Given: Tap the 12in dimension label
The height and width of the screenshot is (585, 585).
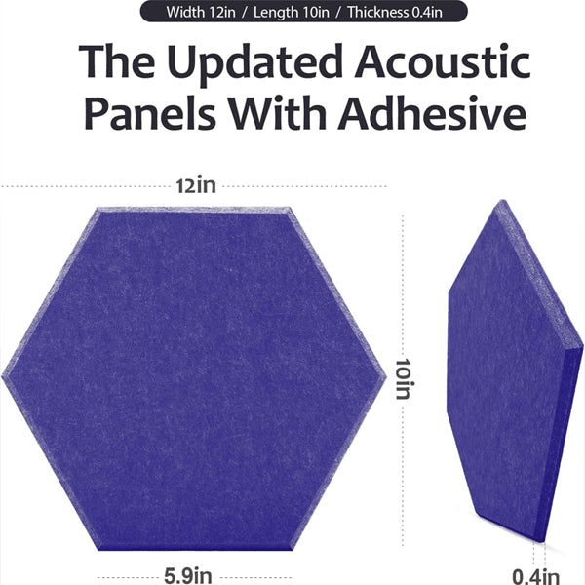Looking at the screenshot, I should pyautogui.click(x=195, y=185).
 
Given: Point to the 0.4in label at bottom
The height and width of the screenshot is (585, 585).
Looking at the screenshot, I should pyautogui.click(x=537, y=575).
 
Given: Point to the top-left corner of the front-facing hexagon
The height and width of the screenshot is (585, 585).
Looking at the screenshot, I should pyautogui.click(x=97, y=209).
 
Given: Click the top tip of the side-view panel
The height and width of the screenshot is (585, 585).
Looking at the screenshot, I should pyautogui.click(x=500, y=202).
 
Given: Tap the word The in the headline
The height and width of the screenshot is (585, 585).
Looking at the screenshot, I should pyautogui.click(x=115, y=62).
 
